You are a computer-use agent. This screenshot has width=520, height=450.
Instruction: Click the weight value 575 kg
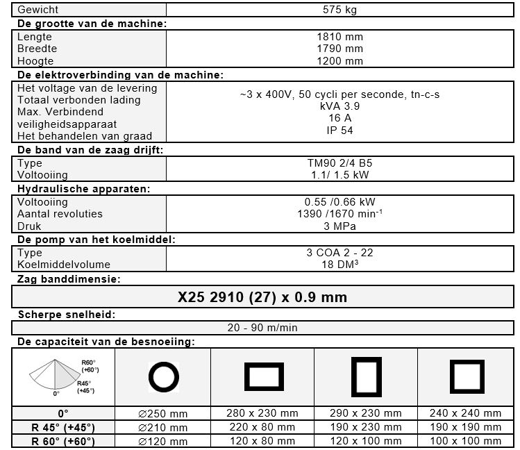click(339, 10)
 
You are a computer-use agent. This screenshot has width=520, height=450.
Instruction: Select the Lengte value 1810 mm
click(339, 37)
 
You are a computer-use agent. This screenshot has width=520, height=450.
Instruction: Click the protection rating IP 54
click(339, 130)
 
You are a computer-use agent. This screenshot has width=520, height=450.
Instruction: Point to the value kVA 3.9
click(339, 106)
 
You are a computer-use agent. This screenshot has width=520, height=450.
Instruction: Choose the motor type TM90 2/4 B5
click(339, 164)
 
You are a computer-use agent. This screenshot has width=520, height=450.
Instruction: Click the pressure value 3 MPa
click(339, 226)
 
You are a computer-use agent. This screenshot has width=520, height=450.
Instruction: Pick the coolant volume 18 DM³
click(339, 265)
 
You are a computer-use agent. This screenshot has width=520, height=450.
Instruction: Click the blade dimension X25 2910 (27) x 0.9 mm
click(262, 298)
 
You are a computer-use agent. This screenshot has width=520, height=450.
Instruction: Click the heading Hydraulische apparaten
click(83, 188)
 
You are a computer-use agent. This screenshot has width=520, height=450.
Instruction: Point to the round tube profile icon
click(164, 377)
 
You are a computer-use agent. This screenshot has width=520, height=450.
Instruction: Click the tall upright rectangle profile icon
click(367, 377)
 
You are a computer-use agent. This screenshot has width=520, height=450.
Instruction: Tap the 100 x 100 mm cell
click(466, 441)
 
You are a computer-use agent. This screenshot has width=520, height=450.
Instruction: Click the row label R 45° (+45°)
click(63, 427)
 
